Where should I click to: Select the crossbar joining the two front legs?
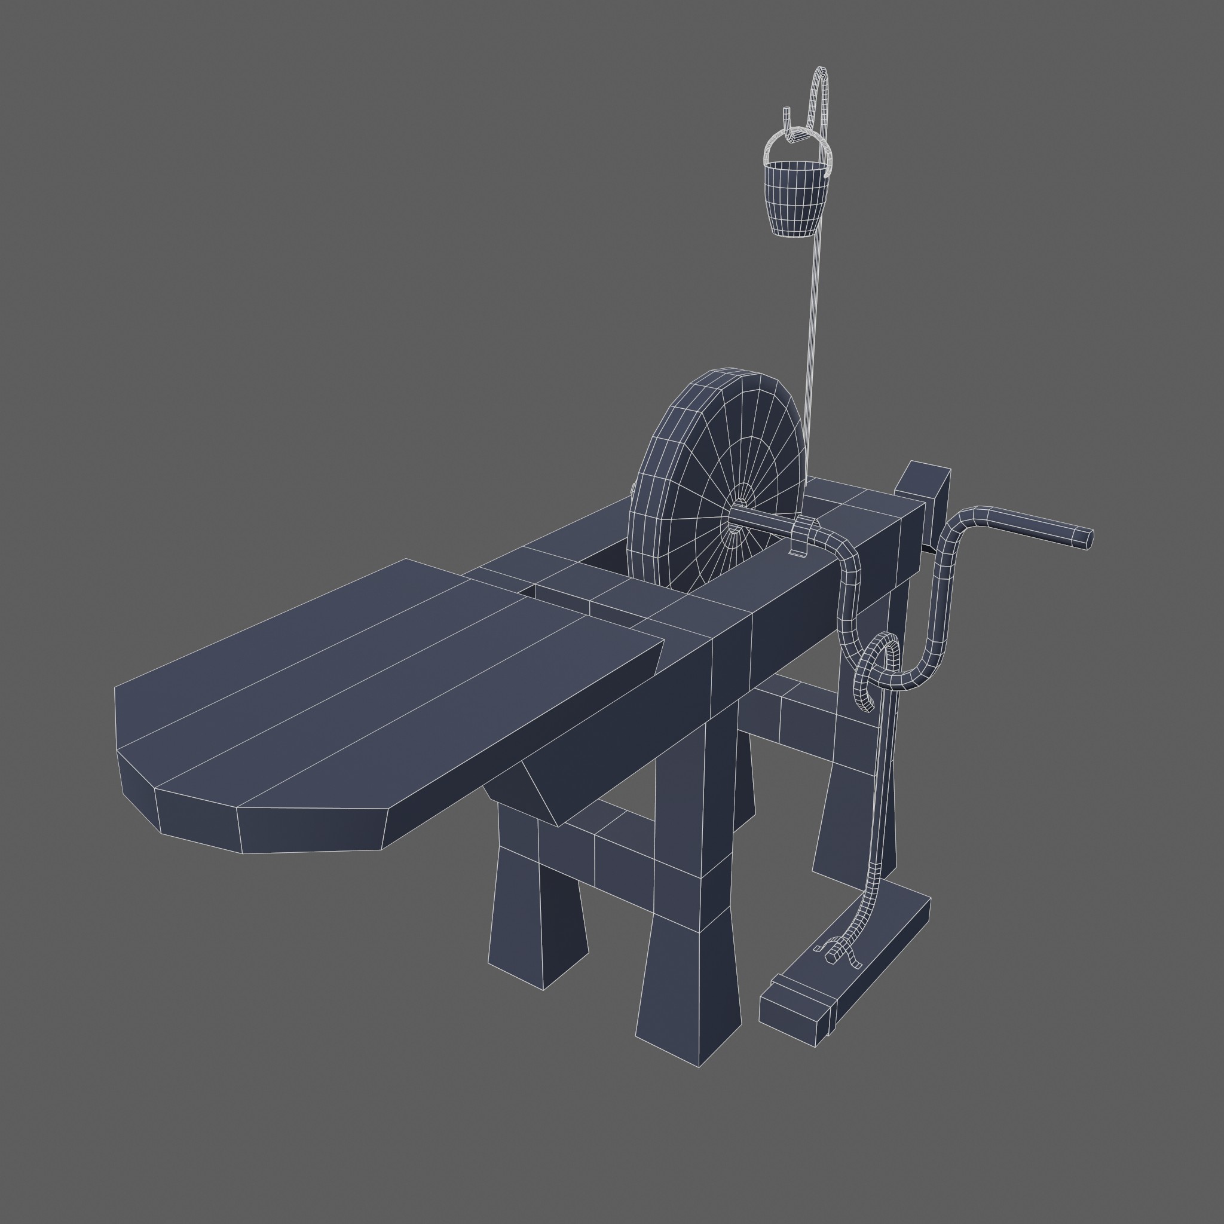point(608,855)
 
